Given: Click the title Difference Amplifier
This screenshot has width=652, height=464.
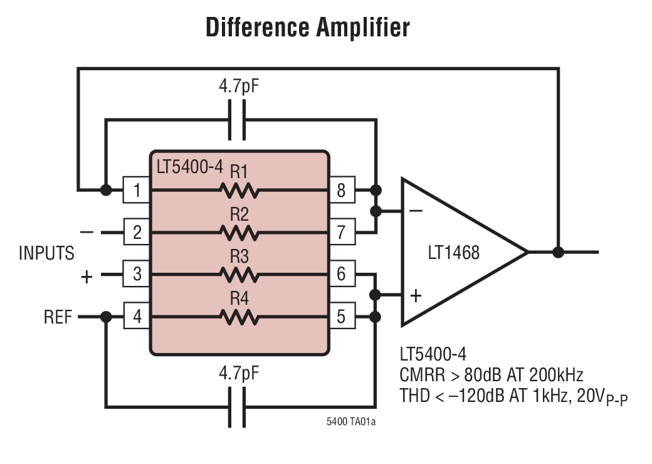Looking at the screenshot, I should coord(308,28).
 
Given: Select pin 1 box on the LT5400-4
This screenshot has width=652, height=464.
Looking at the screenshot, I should coord(136,189).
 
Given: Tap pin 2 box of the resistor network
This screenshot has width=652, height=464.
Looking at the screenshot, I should coord(136,233).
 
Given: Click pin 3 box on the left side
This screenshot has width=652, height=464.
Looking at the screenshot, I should coord(136,274).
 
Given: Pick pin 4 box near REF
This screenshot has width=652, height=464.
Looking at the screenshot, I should coord(136,317).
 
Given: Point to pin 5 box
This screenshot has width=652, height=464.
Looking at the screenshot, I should coord(341,317).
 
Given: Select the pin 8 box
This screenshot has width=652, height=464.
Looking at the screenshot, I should coord(341,189).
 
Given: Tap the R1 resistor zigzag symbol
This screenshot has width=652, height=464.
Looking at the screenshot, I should coord(239,189).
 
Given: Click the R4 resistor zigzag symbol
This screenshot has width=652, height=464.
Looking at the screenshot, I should coord(239,317).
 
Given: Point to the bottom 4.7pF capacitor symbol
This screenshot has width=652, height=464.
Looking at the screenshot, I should coord(236,407).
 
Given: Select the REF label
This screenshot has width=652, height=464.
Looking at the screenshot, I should coord(58,317).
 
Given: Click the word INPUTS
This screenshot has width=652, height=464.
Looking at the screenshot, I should coord(46,253).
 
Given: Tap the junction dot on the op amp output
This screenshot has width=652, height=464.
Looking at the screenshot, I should coord(558,252).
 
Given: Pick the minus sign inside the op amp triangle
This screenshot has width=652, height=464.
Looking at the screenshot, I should coord(416,211).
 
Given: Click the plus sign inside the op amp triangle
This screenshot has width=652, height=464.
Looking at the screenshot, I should coord(416,295).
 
